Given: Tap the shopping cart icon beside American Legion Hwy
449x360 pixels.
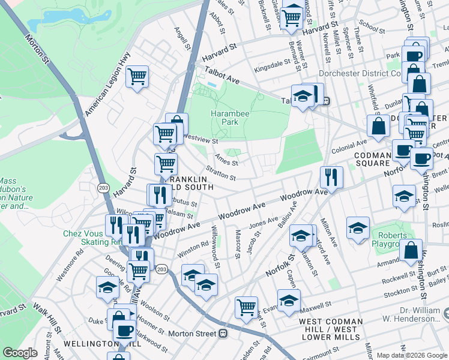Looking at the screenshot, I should point(137,77).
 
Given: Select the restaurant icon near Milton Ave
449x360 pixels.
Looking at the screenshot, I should point(331,176).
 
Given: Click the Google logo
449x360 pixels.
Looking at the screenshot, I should point(20,353).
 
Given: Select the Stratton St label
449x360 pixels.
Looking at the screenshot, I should point(220,174).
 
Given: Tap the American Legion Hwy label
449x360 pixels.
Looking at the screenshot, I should point(107,75).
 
